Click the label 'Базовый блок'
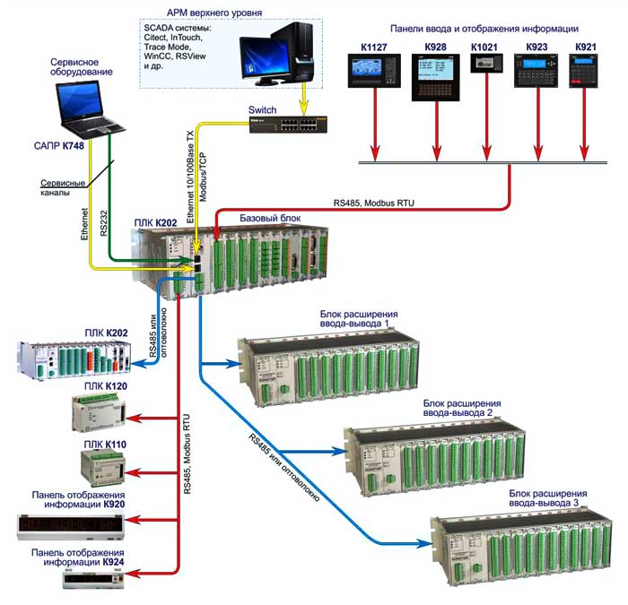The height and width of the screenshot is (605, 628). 270,218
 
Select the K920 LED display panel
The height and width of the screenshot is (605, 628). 70,524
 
